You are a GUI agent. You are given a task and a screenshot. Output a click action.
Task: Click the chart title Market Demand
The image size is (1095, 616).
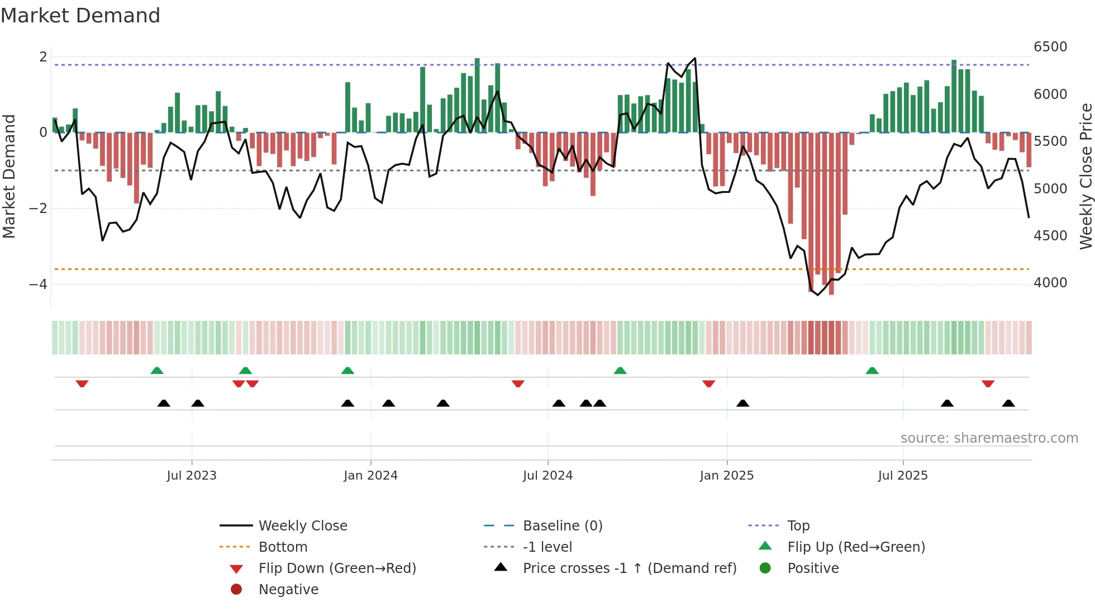coord(80,16)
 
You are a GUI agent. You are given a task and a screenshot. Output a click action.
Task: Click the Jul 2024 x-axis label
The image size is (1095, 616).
coord(547,476)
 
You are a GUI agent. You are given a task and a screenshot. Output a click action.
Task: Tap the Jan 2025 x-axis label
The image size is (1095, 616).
coord(726,476)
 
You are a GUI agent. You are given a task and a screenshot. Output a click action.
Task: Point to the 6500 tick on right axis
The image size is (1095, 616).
coord(1050,47)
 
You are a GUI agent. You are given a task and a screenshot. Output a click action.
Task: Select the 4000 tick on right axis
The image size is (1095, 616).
coord(1050,283)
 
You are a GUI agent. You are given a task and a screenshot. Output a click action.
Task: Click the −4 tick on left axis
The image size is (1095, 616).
coord(38,285)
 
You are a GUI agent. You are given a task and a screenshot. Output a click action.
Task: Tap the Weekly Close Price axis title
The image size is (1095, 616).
coord(1086,176)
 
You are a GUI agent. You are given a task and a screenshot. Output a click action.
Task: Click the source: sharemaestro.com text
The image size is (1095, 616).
coord(989,438)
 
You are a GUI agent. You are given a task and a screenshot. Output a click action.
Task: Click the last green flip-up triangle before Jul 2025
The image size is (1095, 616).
coord(872,371)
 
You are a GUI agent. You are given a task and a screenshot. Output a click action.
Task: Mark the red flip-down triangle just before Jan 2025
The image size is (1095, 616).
coord(708,383)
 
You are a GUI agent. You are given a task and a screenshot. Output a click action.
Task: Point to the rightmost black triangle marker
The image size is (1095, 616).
coord(1008,403)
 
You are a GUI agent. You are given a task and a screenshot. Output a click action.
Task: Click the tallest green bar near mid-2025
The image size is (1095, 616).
coord(954,95)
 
